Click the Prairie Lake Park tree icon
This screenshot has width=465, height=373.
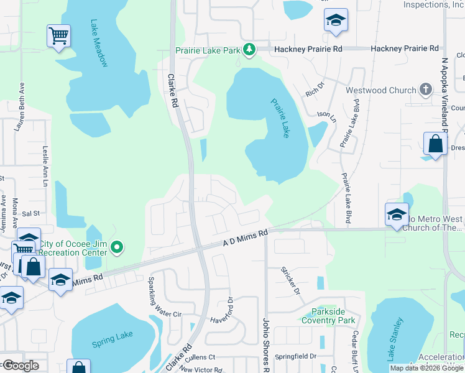click(249, 48)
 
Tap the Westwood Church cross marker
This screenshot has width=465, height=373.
click(426, 90)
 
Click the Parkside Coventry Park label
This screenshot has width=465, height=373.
click(328, 316)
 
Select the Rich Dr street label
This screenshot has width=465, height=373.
click(315, 90)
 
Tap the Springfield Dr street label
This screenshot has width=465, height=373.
click(295, 357)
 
